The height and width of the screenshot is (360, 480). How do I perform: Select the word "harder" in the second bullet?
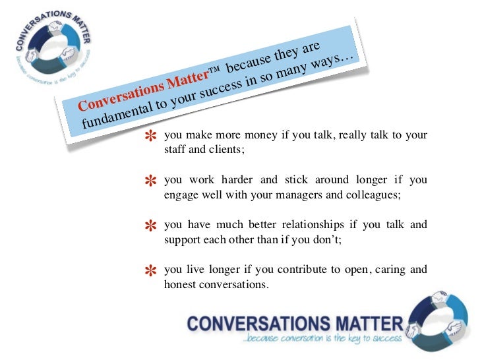point(241,181)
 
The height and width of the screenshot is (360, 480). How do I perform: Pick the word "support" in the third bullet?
point(182,241)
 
